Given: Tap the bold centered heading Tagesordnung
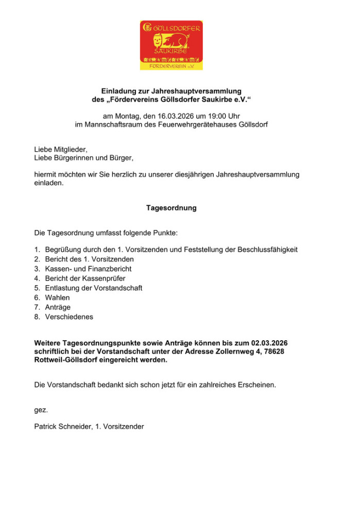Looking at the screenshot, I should tap(172, 208).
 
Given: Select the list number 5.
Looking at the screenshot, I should tap(37, 288).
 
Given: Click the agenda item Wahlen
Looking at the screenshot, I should tap(57, 297).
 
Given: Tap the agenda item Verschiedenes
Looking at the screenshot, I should tap(69, 317).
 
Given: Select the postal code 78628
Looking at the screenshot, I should tap(275, 351).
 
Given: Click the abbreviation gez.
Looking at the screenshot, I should tap(41, 410).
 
